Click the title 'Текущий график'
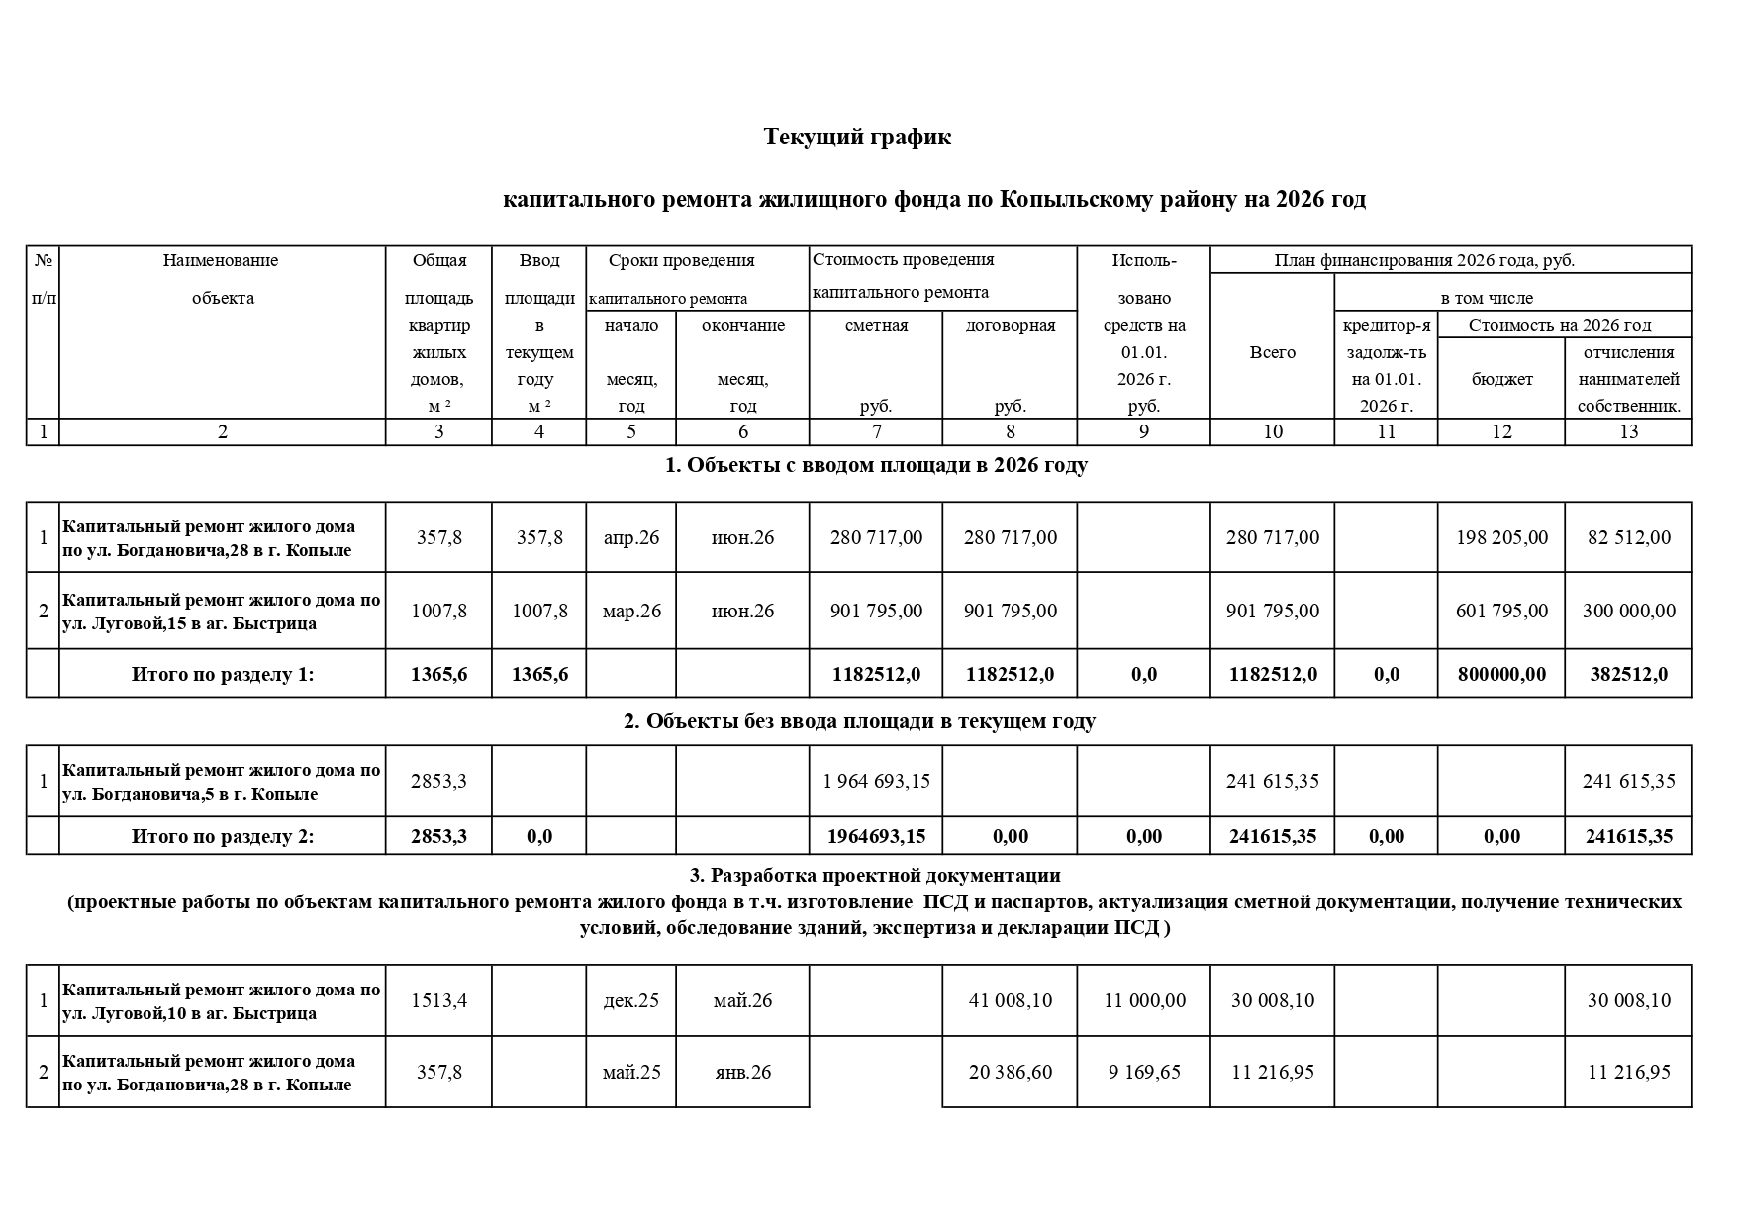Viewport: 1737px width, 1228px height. (857, 137)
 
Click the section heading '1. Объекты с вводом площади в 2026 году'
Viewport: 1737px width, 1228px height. (876, 465)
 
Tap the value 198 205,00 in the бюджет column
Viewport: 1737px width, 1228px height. (1501, 537)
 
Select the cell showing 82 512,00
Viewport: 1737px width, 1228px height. (1628, 537)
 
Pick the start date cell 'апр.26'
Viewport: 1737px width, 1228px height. (631, 537)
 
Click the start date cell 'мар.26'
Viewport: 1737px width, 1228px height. (631, 611)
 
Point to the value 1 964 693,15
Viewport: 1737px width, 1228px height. (876, 781)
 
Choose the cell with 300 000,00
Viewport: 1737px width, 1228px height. (1628, 611)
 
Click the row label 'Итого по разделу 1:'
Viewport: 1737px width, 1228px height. (223, 674)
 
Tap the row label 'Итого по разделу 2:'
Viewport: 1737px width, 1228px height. (223, 836)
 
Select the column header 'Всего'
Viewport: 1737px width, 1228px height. (1272, 352)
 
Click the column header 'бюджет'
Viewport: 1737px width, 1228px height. (1501, 379)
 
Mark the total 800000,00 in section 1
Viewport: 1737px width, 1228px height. (1501, 674)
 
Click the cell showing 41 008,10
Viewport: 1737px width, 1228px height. (1010, 1000)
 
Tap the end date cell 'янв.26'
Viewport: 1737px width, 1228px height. (742, 1072)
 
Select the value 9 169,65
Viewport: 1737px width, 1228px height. (1144, 1072)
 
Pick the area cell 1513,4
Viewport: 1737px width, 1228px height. (439, 1000)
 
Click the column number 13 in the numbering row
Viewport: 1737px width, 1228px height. (1628, 431)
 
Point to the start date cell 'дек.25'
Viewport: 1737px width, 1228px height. (631, 1000)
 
